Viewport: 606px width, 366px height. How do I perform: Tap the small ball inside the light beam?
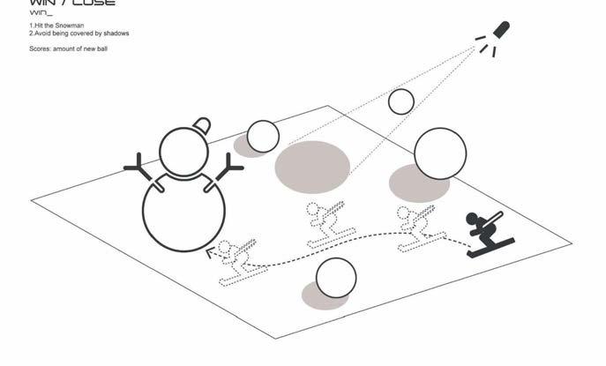pos(401,101)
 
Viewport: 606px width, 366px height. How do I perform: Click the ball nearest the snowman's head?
pos(263,137)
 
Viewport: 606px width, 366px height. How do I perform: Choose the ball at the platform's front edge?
pos(336,278)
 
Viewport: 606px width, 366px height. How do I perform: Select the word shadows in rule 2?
pos(114,34)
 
